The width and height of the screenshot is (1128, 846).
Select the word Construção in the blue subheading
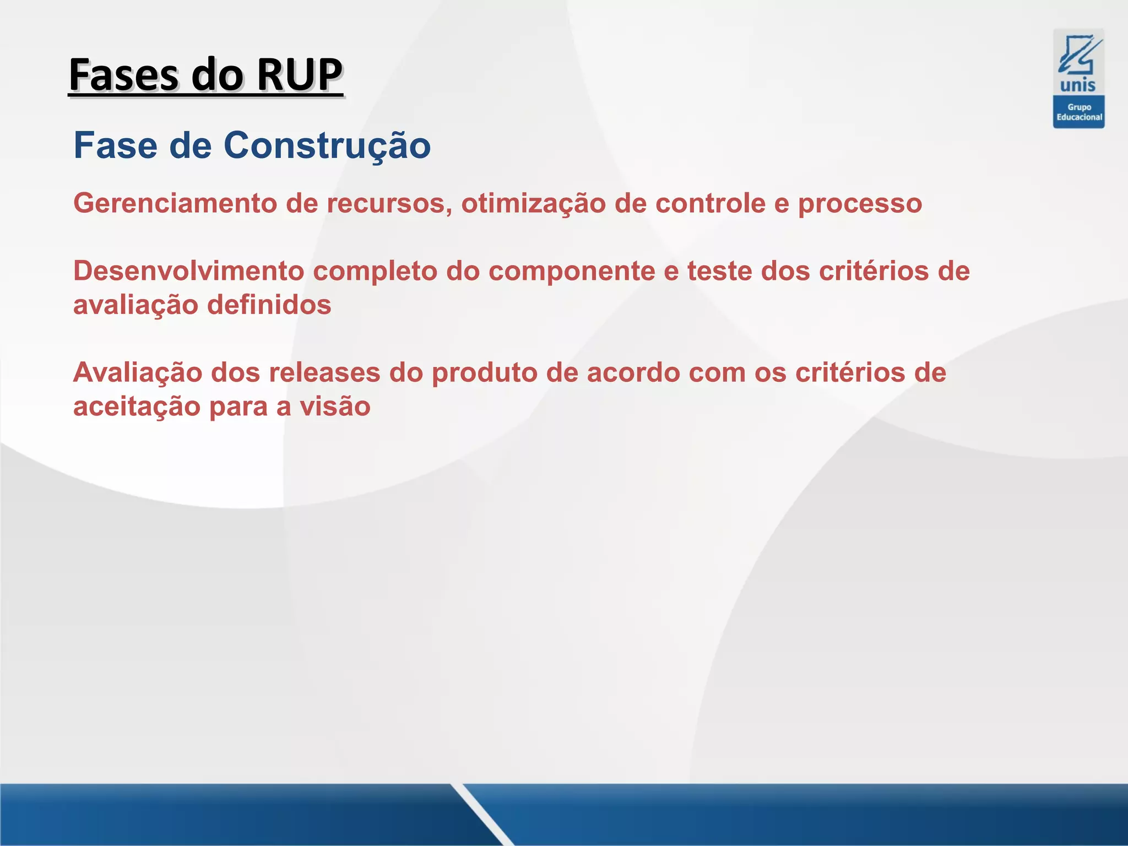327,145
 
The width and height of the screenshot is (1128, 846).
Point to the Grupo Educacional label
1078,112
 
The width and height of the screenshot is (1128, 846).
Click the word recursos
389,203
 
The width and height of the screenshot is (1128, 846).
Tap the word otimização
533,203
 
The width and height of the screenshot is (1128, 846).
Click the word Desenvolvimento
188,271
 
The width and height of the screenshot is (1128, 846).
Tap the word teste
719,271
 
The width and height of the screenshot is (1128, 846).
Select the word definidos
269,305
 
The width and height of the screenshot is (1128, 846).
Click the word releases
324,373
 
